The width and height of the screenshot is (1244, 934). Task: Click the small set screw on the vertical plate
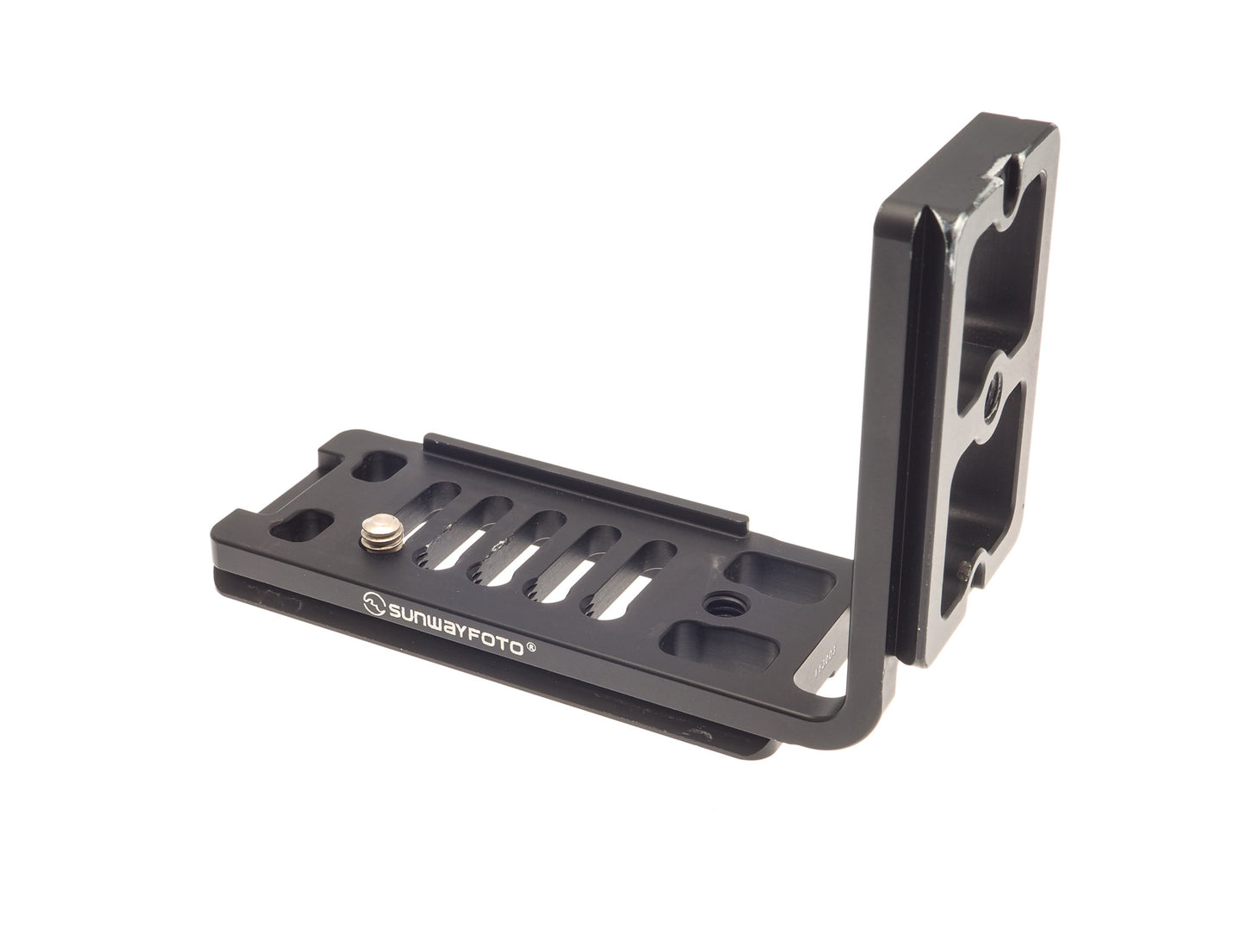coord(967,570)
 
